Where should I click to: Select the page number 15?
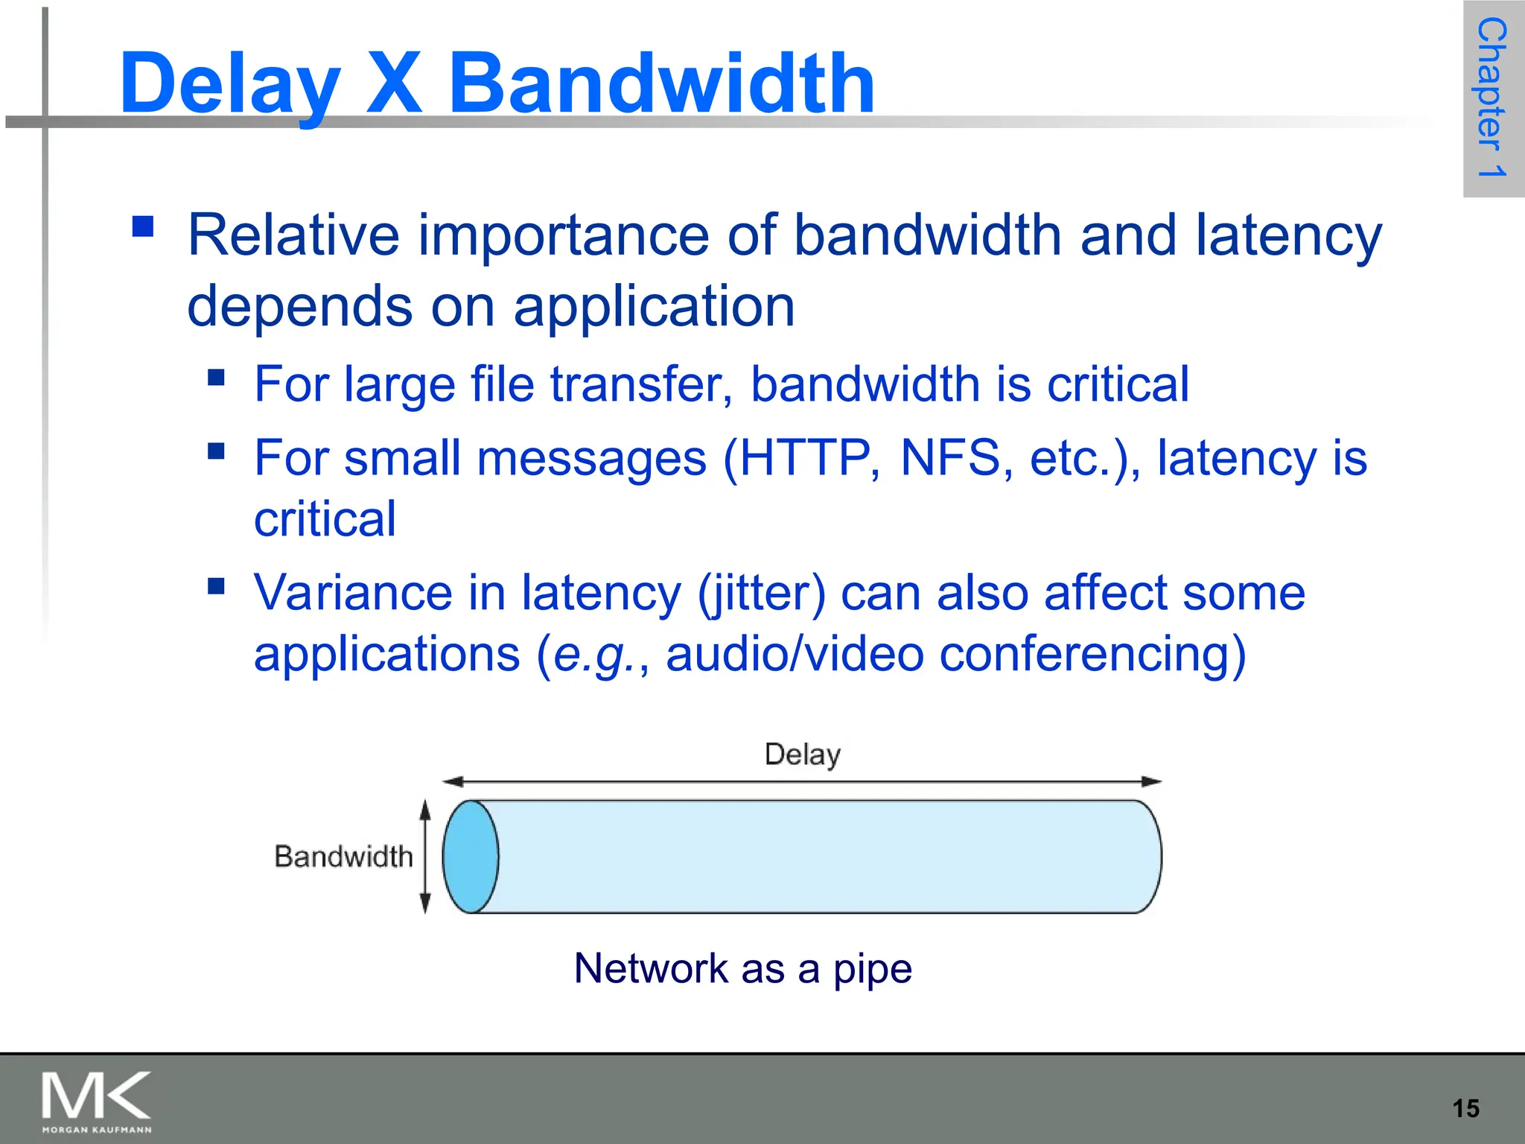coord(1465,1108)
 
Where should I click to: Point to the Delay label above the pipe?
coord(803,754)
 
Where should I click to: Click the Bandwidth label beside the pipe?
coord(343,857)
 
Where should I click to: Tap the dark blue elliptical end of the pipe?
coord(471,857)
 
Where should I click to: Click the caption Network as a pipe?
coord(742,968)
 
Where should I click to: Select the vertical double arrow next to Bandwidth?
coord(425,857)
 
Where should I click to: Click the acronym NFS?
coord(950,457)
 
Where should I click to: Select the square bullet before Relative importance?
coord(142,226)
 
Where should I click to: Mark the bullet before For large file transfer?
coord(216,377)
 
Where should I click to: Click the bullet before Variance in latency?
coord(216,586)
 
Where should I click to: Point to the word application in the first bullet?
coord(654,306)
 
